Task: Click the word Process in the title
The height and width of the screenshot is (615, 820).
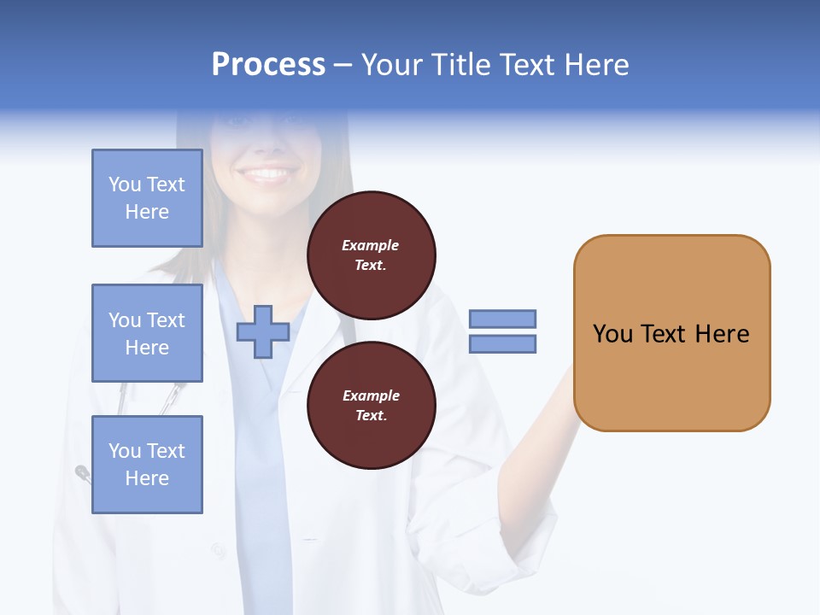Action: click(268, 65)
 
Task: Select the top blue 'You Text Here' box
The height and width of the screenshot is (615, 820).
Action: click(147, 198)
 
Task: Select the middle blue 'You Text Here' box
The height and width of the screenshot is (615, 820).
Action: click(147, 333)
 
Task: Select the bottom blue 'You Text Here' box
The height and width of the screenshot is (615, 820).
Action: click(147, 464)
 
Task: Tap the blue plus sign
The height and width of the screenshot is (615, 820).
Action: click(263, 332)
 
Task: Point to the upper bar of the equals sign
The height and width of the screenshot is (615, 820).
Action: click(502, 319)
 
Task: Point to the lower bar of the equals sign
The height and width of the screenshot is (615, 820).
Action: click(502, 344)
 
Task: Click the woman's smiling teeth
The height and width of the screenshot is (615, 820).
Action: click(267, 174)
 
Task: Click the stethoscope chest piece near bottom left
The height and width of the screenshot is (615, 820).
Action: click(83, 471)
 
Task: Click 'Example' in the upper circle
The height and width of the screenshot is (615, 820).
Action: click(370, 245)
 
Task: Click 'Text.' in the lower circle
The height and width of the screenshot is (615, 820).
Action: click(370, 416)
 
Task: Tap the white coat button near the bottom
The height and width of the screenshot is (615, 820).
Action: click(220, 551)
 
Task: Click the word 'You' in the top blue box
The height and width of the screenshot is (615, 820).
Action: click(125, 184)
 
